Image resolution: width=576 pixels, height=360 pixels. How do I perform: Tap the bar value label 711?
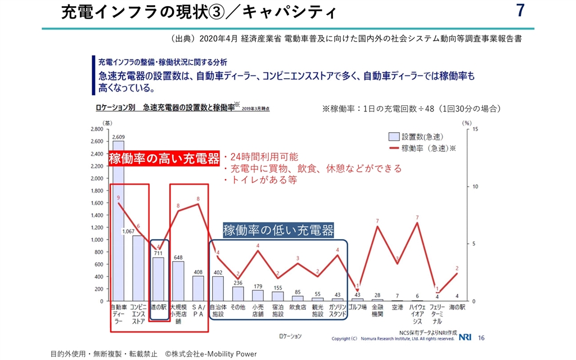tap(159, 253)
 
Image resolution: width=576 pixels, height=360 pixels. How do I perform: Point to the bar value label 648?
tap(178, 258)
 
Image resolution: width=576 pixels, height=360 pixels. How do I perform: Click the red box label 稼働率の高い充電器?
tap(164, 159)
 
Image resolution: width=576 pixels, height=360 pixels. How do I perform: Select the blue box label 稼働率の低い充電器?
tap(278, 230)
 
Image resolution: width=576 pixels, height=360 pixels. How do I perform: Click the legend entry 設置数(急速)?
tap(422, 137)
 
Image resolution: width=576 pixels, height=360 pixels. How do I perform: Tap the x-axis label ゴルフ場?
tap(358, 308)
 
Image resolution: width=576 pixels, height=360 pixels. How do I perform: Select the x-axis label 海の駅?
tap(457, 308)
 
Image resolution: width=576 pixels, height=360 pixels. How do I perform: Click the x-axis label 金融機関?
tap(377, 311)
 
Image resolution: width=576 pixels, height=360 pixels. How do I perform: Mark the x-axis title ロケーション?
tap(290, 336)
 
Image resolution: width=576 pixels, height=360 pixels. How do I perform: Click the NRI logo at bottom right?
tap(465, 337)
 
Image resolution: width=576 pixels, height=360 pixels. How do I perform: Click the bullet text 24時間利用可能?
tap(260, 157)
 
